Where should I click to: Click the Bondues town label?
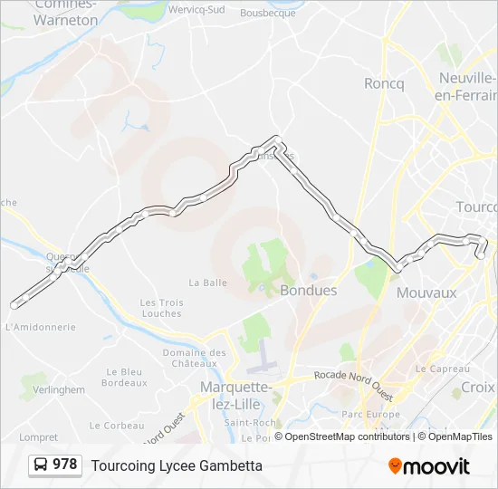pyautogui.click(x=309, y=291)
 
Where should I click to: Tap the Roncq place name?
pyautogui.click(x=384, y=83)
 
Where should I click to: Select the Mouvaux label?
pyautogui.click(x=426, y=292)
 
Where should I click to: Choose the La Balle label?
pyautogui.click(x=207, y=283)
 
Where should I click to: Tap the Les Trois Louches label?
pyautogui.click(x=161, y=308)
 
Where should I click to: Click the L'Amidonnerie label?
pyautogui.click(x=40, y=327)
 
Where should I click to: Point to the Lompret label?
pyautogui.click(x=38, y=436)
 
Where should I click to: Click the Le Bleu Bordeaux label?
pyautogui.click(x=124, y=377)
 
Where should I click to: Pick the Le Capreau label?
pyautogui.click(x=442, y=369)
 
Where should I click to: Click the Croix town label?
pyautogui.click(x=478, y=387)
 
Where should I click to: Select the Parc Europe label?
pyautogui.click(x=369, y=415)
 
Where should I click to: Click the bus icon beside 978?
pyautogui.click(x=41, y=465)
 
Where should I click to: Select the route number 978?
pyautogui.click(x=64, y=465)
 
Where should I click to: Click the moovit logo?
pyautogui.click(x=429, y=466)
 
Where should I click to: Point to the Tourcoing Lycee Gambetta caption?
pyautogui.click(x=177, y=465)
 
